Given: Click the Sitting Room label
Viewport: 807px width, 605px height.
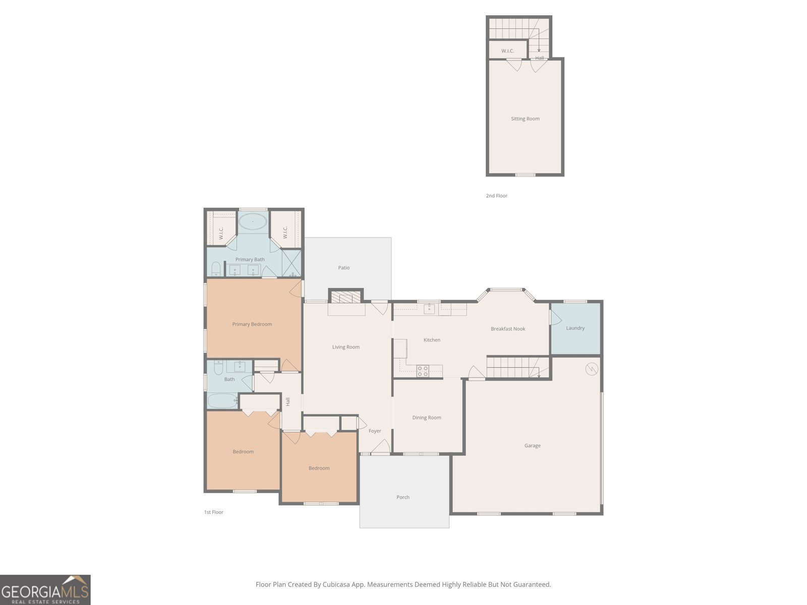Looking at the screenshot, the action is (525, 118).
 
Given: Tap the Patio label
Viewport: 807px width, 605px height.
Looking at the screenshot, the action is (344, 268).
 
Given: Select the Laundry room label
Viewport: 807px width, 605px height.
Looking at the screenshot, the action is (575, 328).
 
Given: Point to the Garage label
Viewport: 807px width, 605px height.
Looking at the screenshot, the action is (532, 446).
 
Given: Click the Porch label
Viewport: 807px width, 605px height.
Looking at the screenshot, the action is (403, 497).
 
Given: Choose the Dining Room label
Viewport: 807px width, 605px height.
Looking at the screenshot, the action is (427, 417).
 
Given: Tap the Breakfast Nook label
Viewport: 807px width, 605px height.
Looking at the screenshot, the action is (508, 329).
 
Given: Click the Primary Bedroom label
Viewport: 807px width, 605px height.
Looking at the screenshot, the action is (252, 324).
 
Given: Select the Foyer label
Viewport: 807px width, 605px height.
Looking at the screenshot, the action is (375, 431).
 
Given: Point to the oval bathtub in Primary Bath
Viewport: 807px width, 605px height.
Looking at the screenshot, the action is (253, 221).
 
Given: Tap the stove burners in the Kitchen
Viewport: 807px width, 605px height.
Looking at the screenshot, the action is (423, 371).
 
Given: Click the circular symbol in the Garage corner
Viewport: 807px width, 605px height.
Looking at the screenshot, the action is (592, 369).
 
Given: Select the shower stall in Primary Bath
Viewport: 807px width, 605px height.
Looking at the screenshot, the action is (292, 263).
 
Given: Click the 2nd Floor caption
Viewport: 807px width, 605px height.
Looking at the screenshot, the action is (496, 196).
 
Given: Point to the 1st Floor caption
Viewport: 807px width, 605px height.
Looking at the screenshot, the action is (214, 512).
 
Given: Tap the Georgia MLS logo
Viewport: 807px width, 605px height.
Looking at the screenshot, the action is (45, 590).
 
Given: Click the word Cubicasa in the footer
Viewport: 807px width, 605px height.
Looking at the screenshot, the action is (336, 584).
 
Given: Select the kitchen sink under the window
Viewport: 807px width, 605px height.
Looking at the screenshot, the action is (429, 309).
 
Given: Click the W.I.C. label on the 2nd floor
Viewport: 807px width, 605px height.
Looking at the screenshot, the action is (508, 51).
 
